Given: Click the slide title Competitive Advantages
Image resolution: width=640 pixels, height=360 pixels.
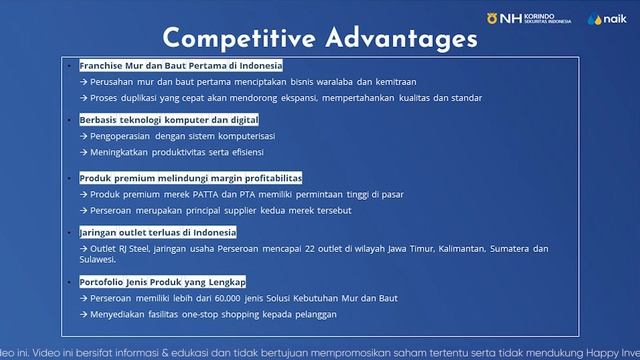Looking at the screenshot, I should point(320,38).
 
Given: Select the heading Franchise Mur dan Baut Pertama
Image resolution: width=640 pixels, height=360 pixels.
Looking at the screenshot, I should point(181,65).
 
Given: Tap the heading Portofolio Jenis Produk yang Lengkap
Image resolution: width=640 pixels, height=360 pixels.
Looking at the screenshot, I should point(162,282).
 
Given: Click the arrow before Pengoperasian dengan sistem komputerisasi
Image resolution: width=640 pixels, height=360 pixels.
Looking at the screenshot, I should point(84,135).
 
